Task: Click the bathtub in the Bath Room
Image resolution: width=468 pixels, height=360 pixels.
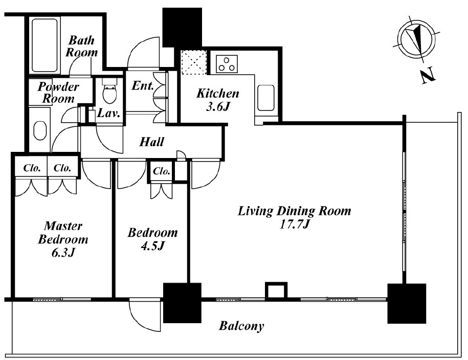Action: (44, 46)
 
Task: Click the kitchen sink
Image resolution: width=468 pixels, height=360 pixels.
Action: (266, 98)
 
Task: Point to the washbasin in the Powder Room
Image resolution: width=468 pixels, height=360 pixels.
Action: (40, 130)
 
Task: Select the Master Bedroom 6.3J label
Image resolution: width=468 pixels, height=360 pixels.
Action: (63, 239)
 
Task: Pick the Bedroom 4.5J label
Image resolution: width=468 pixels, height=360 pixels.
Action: (152, 239)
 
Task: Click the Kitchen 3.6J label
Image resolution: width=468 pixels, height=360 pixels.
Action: (218, 100)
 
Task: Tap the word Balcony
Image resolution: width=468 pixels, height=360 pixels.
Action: (241, 326)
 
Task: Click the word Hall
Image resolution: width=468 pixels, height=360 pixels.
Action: (152, 142)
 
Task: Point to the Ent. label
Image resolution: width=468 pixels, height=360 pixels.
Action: (143, 86)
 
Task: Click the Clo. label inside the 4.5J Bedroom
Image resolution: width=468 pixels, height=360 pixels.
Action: (161, 171)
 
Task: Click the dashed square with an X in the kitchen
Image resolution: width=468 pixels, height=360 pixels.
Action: (194, 63)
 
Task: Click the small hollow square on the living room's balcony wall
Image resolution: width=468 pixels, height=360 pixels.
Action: (276, 290)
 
